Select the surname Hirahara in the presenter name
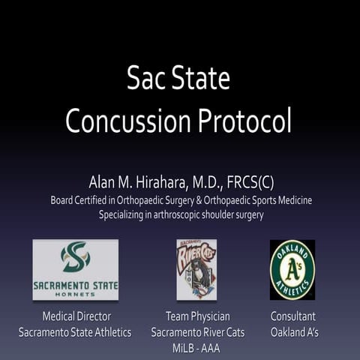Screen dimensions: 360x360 click(163, 182)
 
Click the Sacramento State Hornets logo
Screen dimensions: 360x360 click(75, 269)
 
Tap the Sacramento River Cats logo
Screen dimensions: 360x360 click(196, 269)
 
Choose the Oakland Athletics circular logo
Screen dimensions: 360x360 click(292, 269)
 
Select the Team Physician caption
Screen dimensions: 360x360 click(196, 316)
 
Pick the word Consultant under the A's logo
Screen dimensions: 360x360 click(293, 316)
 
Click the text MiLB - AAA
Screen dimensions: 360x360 click(196, 346)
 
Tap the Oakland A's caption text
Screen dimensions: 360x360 click(293, 331)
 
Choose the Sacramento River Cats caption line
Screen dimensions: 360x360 click(196, 331)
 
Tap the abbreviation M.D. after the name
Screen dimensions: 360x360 click(214, 182)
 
